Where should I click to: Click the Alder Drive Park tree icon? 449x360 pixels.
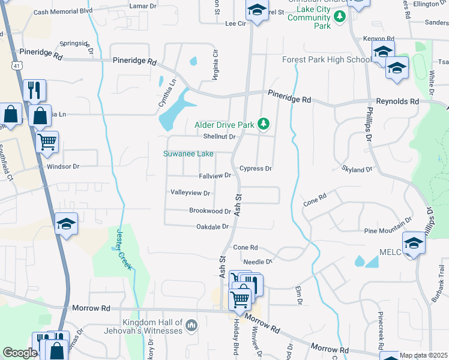pyautogui.click(x=263, y=124)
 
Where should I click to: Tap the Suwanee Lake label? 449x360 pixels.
pyautogui.click(x=188, y=154)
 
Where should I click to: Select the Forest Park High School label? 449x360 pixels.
pyautogui.click(x=327, y=59)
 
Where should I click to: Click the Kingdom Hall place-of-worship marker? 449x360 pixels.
pyautogui.click(x=191, y=326)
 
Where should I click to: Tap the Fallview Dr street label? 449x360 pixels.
pyautogui.click(x=215, y=176)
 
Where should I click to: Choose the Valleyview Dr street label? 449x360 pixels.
pyautogui.click(x=190, y=193)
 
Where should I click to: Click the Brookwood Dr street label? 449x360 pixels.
pyautogui.click(x=210, y=211)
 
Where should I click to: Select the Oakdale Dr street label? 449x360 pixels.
pyautogui.click(x=213, y=227)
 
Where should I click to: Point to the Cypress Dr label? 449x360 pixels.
pyautogui.click(x=256, y=169)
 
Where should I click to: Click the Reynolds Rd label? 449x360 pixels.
pyautogui.click(x=397, y=102)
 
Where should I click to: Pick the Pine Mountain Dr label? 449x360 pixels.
pyautogui.click(x=388, y=231)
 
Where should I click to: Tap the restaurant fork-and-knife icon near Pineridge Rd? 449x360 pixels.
pyautogui.click(x=34, y=91)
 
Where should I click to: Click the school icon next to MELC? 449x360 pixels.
pyautogui.click(x=414, y=243)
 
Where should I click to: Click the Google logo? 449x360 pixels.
pyautogui.click(x=20, y=353)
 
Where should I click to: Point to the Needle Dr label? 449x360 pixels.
pyautogui.click(x=258, y=262)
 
